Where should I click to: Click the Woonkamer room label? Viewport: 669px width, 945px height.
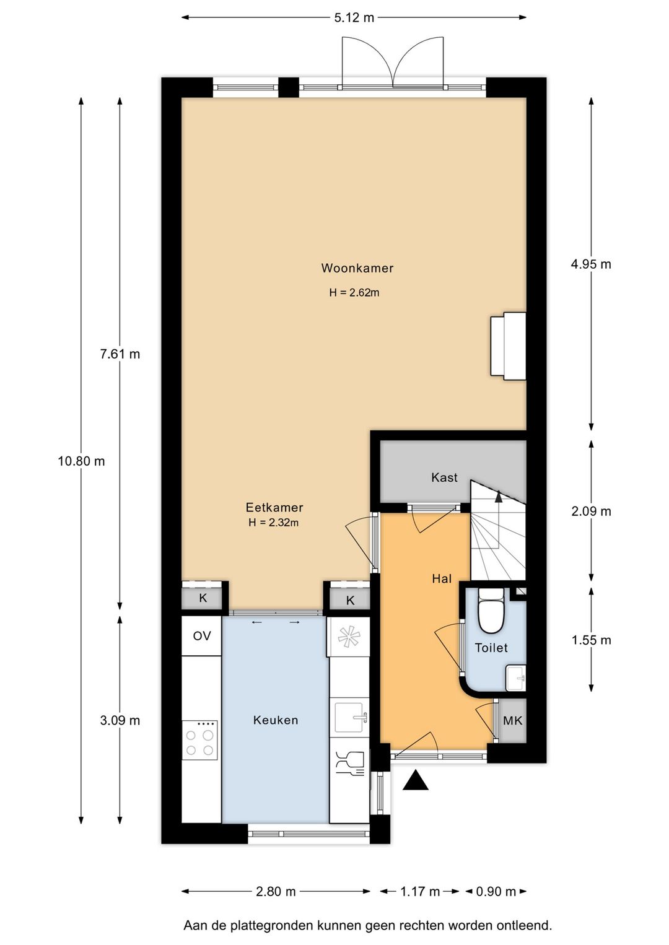357,268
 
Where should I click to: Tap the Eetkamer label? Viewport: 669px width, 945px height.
274,507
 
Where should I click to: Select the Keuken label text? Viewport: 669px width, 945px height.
276,720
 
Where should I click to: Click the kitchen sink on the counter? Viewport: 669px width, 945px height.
351,717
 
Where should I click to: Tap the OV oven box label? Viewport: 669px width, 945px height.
202,636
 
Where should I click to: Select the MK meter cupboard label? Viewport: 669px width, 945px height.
512,720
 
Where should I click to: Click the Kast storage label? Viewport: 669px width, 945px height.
444,477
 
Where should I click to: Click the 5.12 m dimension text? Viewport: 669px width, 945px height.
354,17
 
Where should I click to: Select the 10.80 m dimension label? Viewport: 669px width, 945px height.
81,461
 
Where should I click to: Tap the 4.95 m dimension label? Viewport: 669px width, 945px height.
591,264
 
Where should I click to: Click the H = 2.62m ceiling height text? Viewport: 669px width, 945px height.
354,292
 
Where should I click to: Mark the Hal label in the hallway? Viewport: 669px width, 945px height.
442,578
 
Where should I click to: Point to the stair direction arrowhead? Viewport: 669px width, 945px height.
499,497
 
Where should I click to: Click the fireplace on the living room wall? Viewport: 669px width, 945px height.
508,346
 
